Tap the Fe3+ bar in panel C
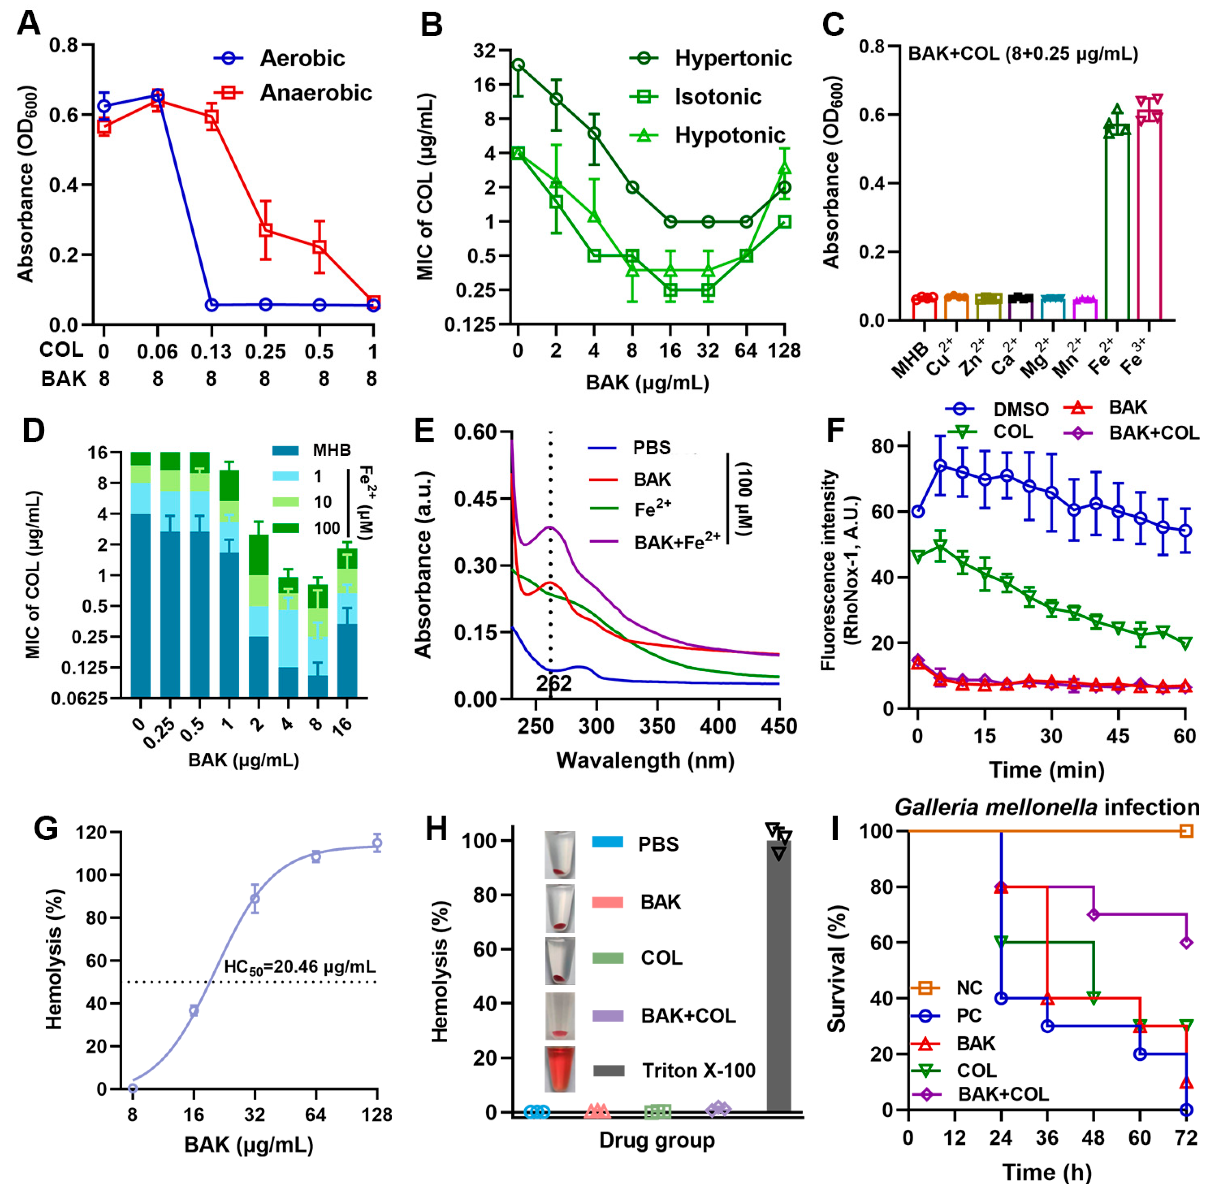pos(1149,217)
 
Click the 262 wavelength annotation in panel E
pos(554,684)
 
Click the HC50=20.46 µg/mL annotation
pos(300,966)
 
